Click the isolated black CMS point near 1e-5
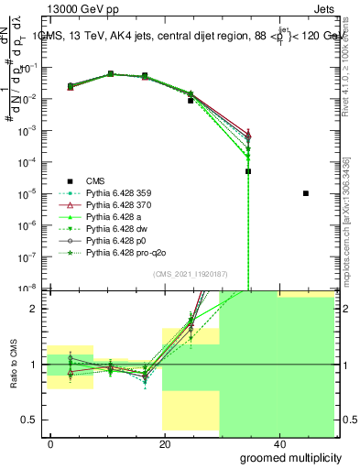[x=306, y=193]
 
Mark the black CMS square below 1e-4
[x=248, y=171]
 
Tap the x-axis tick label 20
[x=164, y=443]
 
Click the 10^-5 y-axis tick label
[x=30, y=193]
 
